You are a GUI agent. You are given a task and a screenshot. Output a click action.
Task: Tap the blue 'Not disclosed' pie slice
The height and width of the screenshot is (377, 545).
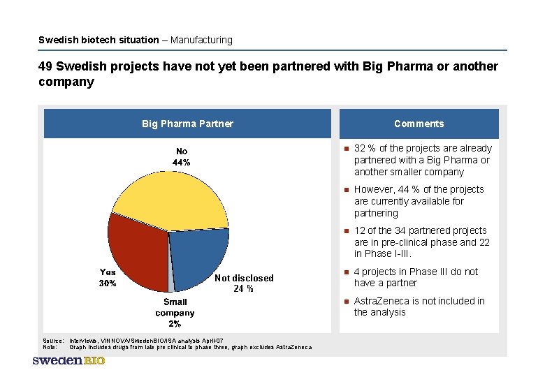point(199,255)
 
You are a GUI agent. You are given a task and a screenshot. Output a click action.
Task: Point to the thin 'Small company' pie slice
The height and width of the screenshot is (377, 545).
point(170,283)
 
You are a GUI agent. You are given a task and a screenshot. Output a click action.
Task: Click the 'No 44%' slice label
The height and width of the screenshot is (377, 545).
point(182,156)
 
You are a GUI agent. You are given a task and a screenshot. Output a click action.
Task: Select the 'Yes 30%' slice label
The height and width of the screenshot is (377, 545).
point(108,278)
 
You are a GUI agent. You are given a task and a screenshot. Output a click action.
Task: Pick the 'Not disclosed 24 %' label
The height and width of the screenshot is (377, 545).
point(243,283)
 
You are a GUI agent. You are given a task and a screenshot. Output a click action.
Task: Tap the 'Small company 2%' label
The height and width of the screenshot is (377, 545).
point(175,313)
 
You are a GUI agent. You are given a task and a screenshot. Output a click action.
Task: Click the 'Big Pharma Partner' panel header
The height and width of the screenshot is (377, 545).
point(187,124)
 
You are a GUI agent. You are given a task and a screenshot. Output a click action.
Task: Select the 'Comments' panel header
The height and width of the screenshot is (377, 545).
point(419,124)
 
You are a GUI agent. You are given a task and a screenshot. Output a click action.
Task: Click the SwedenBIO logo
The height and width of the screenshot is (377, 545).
point(68,360)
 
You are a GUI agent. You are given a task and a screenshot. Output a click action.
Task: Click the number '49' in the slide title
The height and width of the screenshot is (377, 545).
point(45,66)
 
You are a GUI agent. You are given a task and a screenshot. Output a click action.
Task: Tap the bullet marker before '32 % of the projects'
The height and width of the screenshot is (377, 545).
point(345,149)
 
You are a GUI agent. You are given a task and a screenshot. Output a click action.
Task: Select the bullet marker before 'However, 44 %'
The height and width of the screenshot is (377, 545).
point(345,190)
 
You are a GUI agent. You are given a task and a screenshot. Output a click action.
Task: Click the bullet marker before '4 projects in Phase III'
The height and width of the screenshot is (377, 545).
point(345,272)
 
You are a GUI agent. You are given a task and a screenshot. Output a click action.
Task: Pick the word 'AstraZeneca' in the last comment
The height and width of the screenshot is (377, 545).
point(381,301)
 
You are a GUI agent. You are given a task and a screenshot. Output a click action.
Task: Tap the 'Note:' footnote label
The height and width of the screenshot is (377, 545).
point(50,347)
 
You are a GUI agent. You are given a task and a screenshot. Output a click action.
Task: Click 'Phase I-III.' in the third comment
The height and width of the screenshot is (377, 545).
point(397,253)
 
